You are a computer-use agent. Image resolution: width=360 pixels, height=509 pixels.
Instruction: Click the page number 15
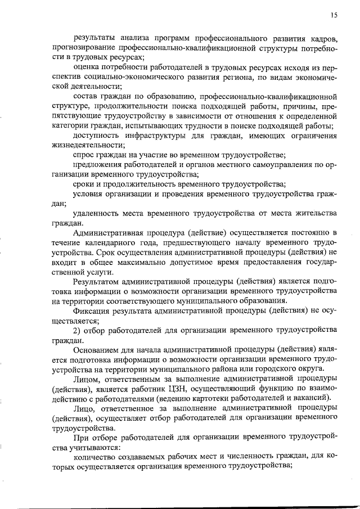pos(334,17)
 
